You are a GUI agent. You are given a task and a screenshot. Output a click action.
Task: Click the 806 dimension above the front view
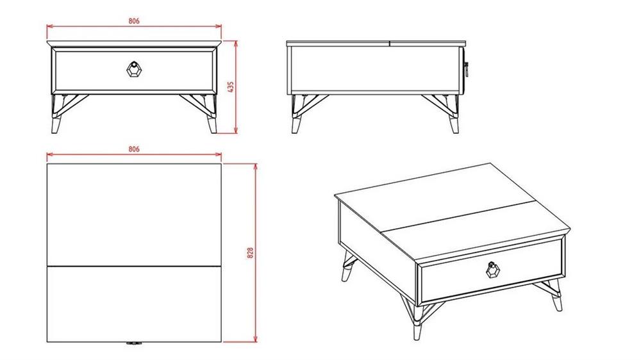134,21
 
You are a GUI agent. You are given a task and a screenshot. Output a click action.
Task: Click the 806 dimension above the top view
134,149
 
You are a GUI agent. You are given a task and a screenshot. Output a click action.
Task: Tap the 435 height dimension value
230,86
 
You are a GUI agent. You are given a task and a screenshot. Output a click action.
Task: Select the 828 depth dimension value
250,252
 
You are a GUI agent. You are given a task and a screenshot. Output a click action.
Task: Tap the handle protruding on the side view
465,69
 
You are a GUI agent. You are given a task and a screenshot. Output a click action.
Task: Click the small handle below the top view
134,343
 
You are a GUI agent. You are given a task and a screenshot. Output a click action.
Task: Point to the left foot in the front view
56,125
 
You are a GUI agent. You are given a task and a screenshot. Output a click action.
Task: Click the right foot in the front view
212,125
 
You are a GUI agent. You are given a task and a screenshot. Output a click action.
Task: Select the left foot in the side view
296,125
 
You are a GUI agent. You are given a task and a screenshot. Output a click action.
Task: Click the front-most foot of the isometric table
417,331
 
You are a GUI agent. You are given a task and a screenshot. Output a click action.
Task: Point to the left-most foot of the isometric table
346,273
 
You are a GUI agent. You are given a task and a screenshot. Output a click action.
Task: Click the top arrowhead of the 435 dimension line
235,44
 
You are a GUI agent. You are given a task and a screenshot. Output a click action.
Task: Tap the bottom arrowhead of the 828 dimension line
256,339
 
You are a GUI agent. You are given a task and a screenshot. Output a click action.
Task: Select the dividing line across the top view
134,266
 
